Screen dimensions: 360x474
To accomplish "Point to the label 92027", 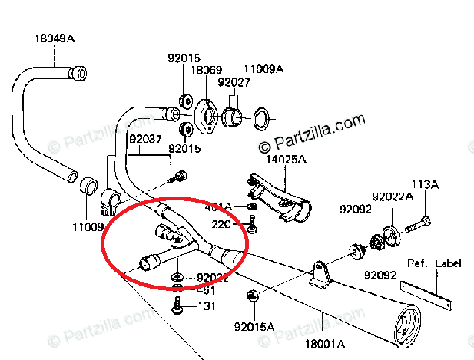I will pyautogui.click(x=232, y=81).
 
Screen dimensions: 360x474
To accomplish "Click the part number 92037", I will pyautogui.click(x=145, y=139).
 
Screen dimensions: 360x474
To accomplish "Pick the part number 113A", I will pyautogui.click(x=425, y=184).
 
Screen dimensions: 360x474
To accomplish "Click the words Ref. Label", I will pyautogui.click(x=435, y=263).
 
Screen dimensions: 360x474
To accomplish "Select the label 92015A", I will pyautogui.click(x=254, y=328).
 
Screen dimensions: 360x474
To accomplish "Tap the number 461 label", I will pyautogui.click(x=205, y=291).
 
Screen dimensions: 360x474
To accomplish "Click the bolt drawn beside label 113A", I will pyautogui.click(x=415, y=225).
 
